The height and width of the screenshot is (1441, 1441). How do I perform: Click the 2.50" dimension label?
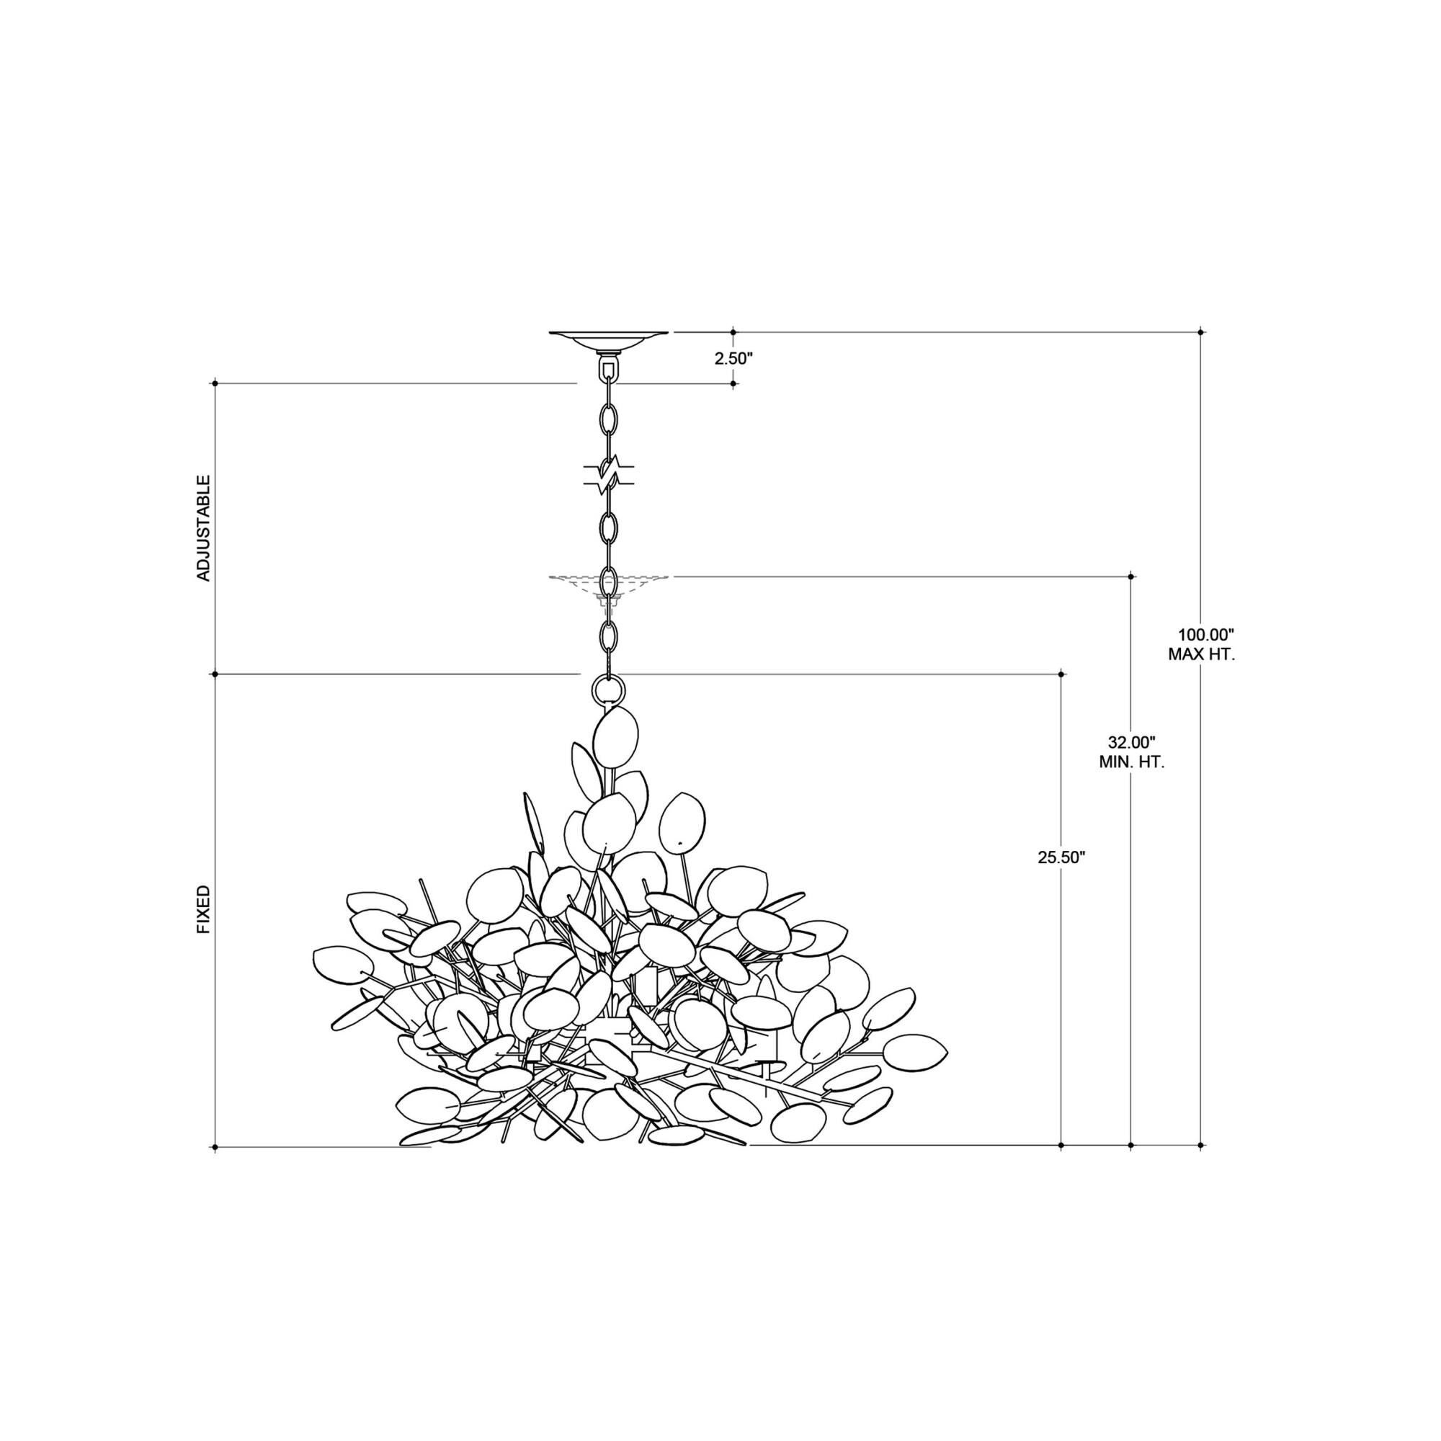[734, 358]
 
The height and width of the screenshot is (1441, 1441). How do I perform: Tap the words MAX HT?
[1202, 656]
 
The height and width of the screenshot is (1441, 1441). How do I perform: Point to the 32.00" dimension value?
[1131, 742]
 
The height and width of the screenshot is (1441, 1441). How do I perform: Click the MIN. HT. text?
[1131, 763]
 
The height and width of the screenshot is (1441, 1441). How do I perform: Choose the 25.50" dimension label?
[1061, 857]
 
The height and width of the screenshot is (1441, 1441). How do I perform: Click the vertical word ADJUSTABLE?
[204, 528]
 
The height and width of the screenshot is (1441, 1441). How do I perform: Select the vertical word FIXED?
[204, 910]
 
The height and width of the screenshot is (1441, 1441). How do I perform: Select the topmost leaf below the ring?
[615, 734]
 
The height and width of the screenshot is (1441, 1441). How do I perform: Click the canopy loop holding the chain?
[610, 368]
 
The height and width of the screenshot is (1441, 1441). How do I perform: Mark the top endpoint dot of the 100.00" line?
[1200, 332]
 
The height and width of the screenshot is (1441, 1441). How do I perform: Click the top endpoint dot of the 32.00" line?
[1130, 576]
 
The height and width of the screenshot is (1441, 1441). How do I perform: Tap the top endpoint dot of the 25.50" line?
[1061, 674]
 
